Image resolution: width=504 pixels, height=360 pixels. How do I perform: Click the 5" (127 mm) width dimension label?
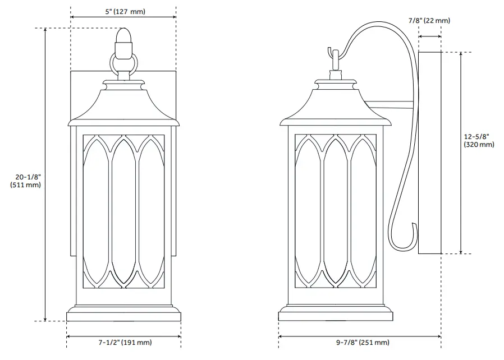tap(123, 12)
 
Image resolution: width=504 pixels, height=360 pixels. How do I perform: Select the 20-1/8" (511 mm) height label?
tap(26, 181)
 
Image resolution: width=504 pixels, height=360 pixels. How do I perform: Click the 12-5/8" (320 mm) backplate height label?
tap(479, 140)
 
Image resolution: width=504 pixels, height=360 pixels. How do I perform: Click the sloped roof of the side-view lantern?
tap(336, 107)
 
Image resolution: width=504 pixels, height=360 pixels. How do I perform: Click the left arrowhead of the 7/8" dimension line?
tap(420, 37)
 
